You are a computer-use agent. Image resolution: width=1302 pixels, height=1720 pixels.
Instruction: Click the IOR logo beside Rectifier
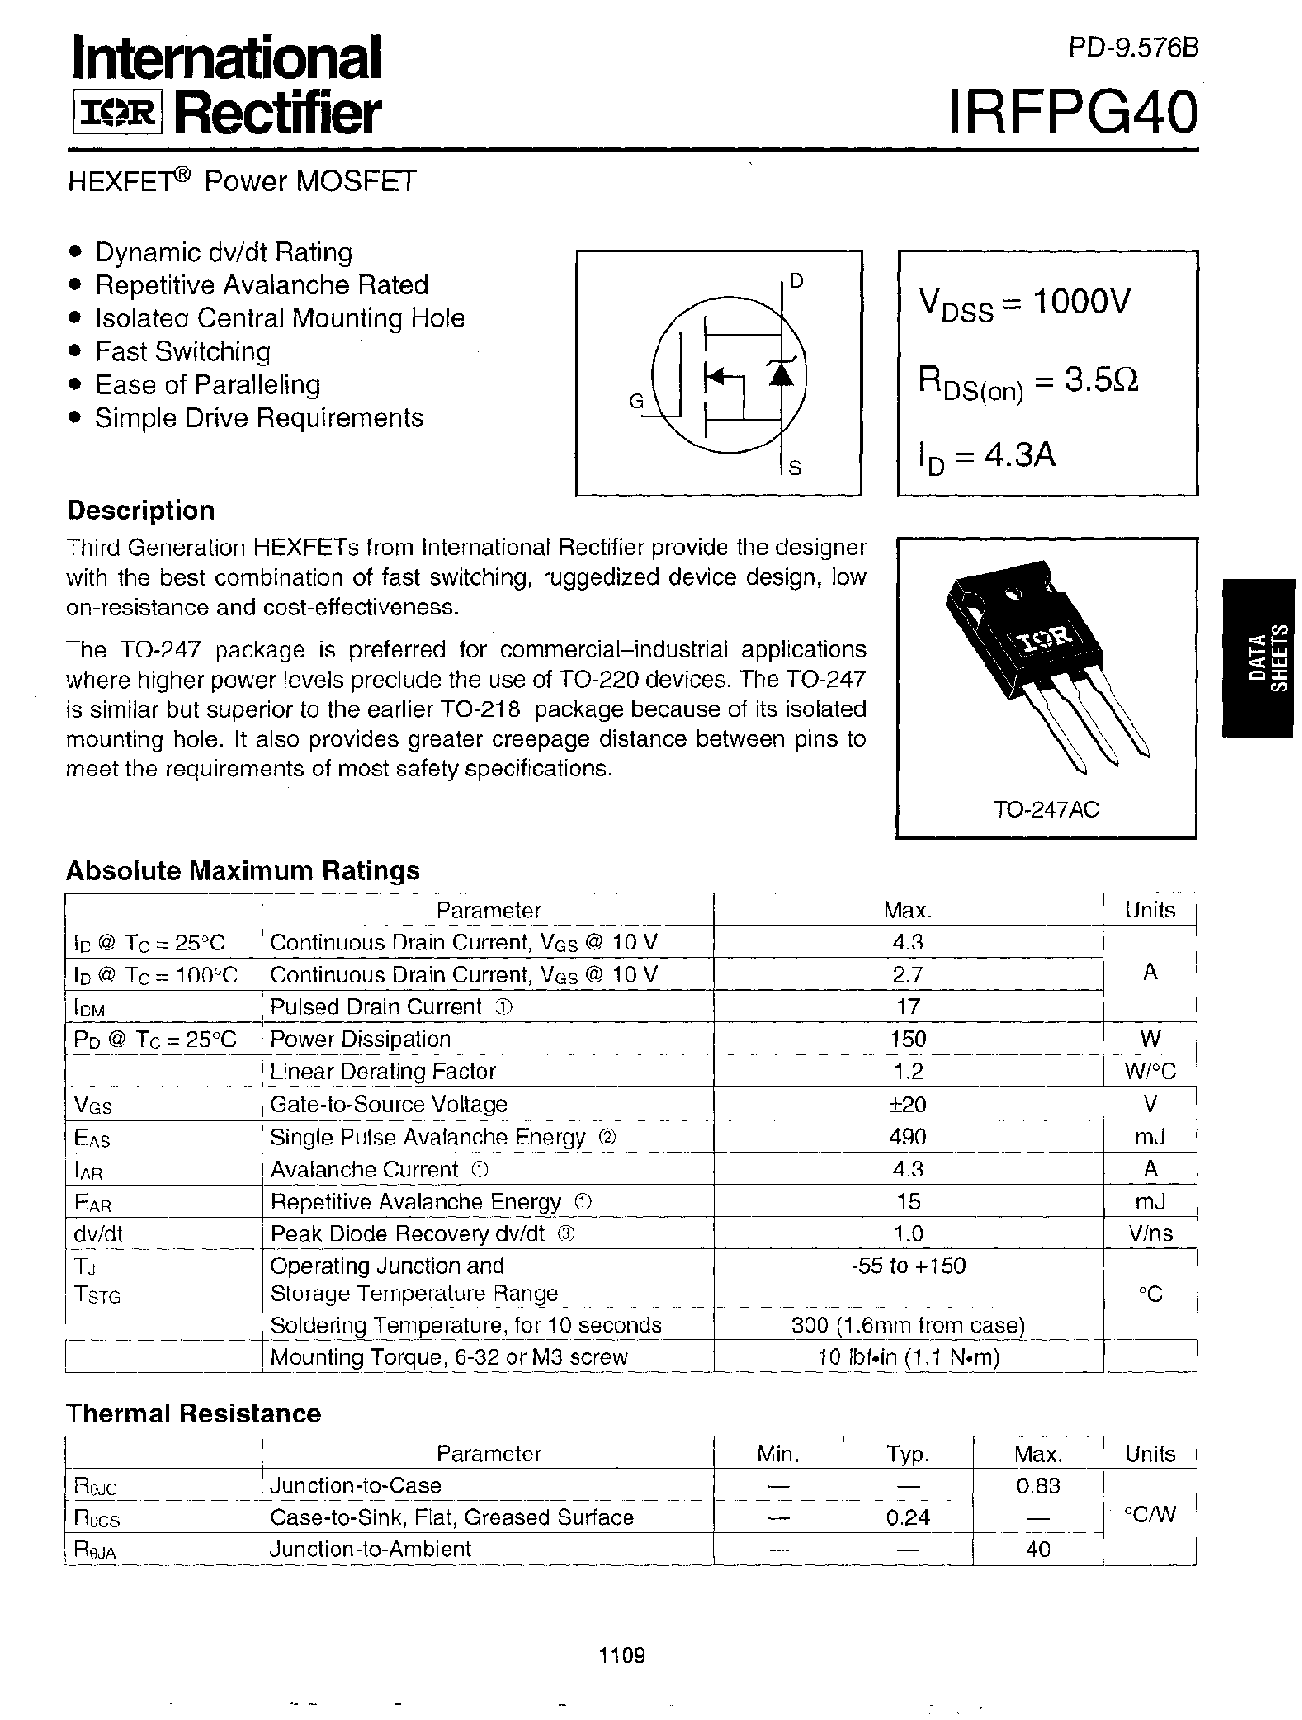pyautogui.click(x=118, y=115)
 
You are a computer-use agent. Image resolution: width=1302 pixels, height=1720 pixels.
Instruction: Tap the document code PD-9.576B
pyautogui.click(x=1133, y=48)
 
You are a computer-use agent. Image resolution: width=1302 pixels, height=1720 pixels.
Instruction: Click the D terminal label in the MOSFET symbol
pyautogui.click(x=797, y=281)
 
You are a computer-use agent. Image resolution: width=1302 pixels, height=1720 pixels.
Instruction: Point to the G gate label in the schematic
pyautogui.click(x=636, y=402)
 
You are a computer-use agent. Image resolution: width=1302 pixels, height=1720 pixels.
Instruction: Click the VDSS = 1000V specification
pyautogui.click(x=1024, y=304)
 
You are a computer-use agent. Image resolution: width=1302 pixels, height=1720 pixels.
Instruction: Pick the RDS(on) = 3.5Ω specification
pyautogui.click(x=1029, y=382)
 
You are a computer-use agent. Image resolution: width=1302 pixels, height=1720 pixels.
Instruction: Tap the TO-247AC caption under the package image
pyautogui.click(x=1046, y=809)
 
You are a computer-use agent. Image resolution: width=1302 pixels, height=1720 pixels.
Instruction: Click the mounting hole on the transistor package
pyautogui.click(x=1016, y=594)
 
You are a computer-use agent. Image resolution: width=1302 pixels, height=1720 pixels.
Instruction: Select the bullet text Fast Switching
pyautogui.click(x=183, y=351)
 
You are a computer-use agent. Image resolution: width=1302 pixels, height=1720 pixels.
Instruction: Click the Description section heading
pyautogui.click(x=141, y=511)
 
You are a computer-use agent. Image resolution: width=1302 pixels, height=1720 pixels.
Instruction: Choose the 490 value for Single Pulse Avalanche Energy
pyautogui.click(x=907, y=1137)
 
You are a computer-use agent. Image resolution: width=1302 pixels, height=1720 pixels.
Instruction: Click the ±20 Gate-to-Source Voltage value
pyautogui.click(x=907, y=1104)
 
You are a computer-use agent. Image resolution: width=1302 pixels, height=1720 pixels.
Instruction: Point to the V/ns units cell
pyautogui.click(x=1149, y=1234)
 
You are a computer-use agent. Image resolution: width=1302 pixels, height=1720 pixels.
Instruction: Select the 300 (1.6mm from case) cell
pyautogui.click(x=907, y=1325)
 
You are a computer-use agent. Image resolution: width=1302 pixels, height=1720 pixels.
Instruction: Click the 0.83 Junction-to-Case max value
pyautogui.click(x=1037, y=1485)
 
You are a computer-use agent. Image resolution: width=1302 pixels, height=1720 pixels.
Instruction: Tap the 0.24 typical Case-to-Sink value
pyautogui.click(x=907, y=1517)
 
